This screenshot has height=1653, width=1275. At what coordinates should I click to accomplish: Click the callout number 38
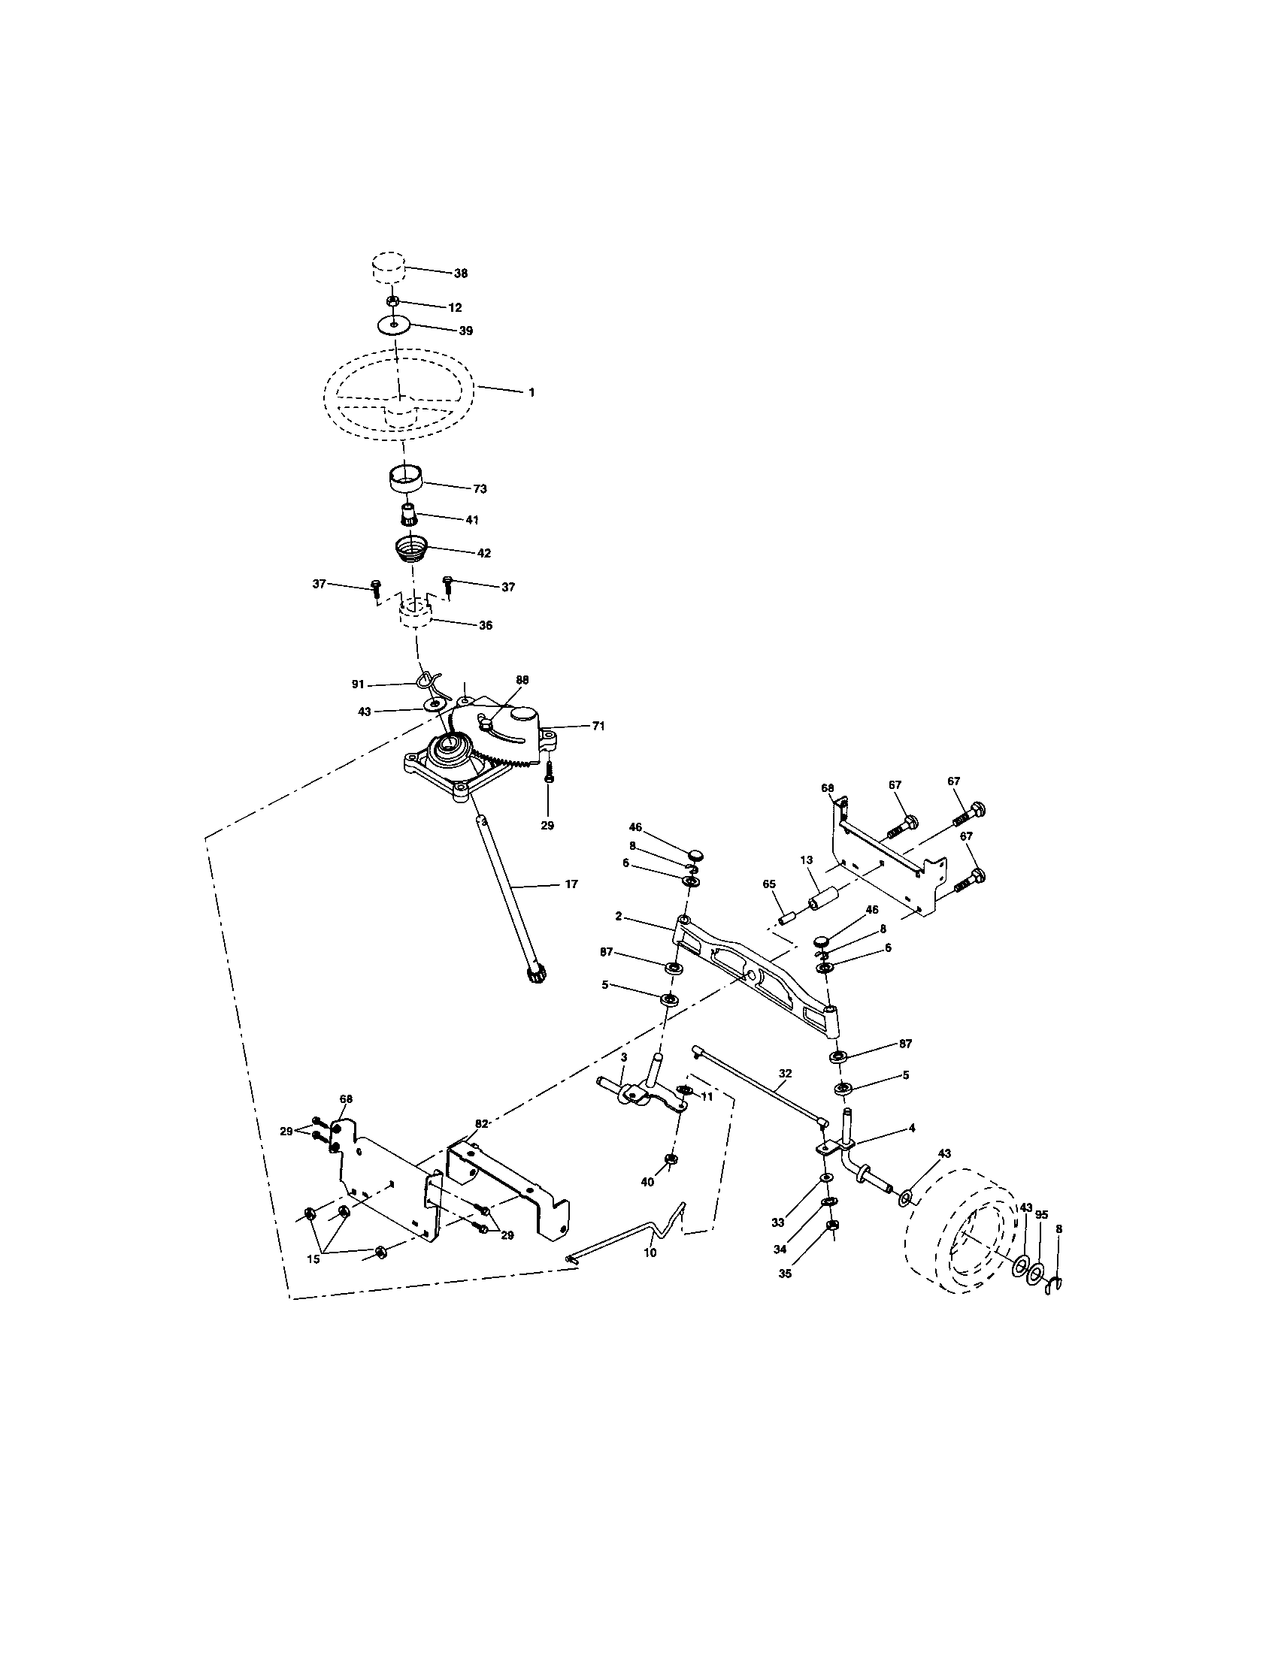click(460, 273)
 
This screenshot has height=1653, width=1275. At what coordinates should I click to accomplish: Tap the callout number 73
click(480, 489)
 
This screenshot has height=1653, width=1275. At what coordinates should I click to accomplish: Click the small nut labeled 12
click(393, 301)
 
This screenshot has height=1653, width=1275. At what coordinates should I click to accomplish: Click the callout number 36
click(486, 625)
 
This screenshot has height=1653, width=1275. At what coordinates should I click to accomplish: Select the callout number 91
click(358, 684)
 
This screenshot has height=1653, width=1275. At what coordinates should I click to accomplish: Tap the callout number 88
click(522, 680)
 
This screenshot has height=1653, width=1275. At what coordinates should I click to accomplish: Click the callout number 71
click(598, 725)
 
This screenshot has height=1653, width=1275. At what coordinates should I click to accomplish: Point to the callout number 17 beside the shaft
click(571, 884)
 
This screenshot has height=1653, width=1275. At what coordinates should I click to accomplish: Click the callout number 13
click(807, 860)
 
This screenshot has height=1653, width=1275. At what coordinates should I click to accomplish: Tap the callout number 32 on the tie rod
click(784, 1072)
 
